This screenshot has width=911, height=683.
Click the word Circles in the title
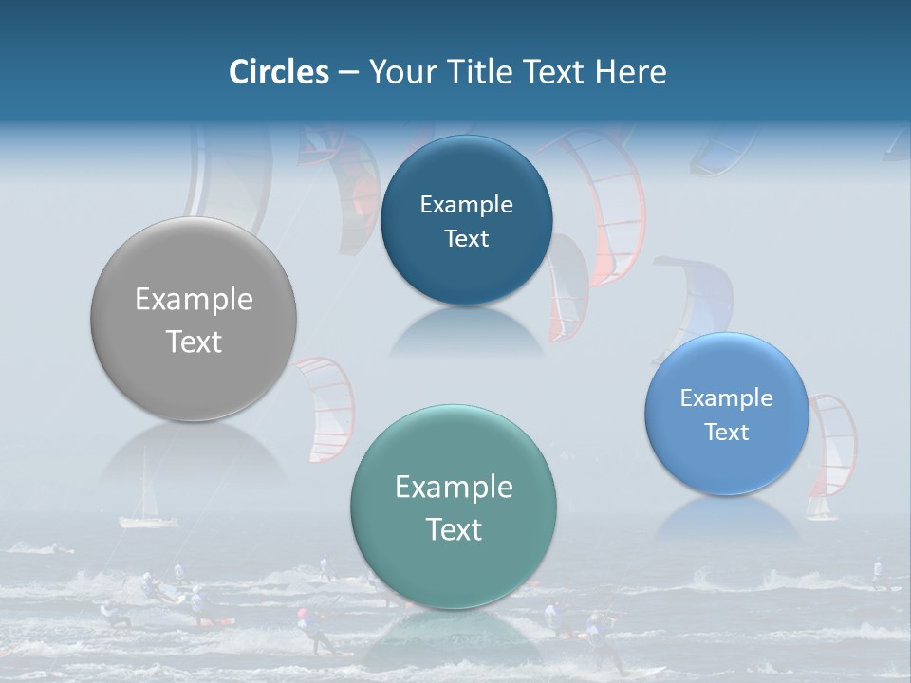click(x=278, y=72)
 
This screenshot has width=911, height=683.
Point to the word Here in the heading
click(x=631, y=72)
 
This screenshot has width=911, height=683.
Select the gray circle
click(x=194, y=320)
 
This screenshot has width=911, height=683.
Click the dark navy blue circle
click(x=466, y=221)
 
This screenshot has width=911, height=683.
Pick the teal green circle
click(x=454, y=506)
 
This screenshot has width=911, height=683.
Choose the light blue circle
click(x=727, y=414)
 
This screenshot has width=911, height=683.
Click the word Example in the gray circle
click(x=194, y=300)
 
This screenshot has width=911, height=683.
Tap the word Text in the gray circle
click(x=194, y=341)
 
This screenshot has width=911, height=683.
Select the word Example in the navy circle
click(x=466, y=205)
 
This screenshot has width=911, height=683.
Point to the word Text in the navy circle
click(x=466, y=239)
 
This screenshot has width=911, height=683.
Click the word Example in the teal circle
click(x=454, y=488)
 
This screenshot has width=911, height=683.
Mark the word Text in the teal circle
click(x=454, y=529)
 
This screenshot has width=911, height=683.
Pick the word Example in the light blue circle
click(x=727, y=398)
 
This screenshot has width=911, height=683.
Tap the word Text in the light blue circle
click(x=727, y=433)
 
